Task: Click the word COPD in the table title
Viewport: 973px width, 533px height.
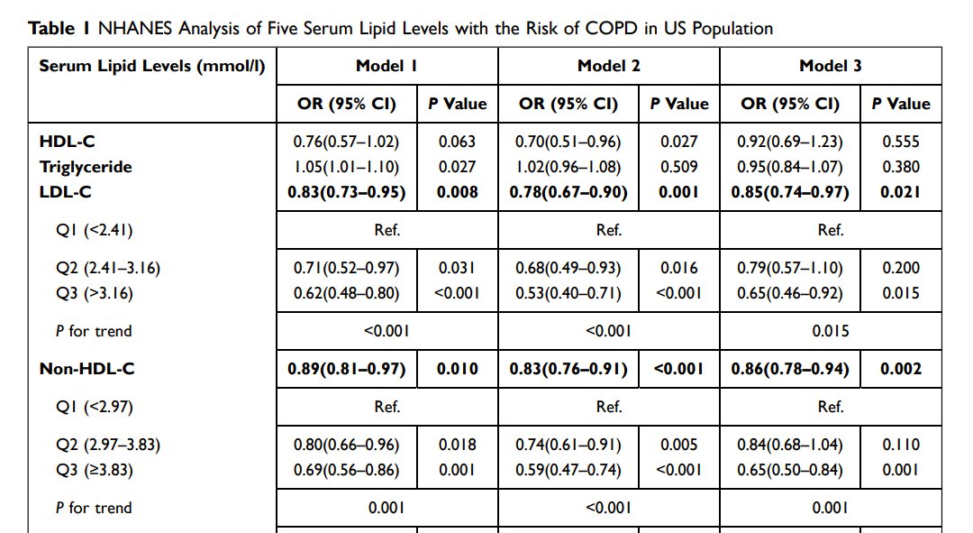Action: tap(613, 28)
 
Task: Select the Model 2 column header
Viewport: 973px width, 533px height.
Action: tap(608, 66)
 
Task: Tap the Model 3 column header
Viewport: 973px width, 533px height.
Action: tap(830, 66)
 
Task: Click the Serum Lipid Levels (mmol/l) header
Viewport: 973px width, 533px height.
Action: tap(152, 66)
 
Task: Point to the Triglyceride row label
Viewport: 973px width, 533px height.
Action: tap(85, 167)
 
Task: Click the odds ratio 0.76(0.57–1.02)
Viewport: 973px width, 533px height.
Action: tap(346, 142)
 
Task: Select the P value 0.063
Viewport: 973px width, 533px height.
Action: tap(457, 142)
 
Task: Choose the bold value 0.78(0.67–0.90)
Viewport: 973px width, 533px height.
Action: tap(568, 192)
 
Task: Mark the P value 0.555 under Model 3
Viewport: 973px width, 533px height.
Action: tap(901, 142)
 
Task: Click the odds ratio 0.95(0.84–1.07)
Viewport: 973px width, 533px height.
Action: tap(790, 167)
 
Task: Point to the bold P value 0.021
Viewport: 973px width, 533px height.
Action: tap(901, 192)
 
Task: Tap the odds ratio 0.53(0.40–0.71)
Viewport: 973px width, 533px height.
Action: tap(568, 293)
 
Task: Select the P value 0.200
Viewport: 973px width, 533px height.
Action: tap(901, 268)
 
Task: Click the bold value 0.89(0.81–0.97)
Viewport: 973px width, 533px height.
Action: tap(347, 369)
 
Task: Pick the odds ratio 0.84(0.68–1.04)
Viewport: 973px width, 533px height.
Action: tap(790, 445)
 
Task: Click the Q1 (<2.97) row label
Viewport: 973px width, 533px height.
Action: tap(95, 407)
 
